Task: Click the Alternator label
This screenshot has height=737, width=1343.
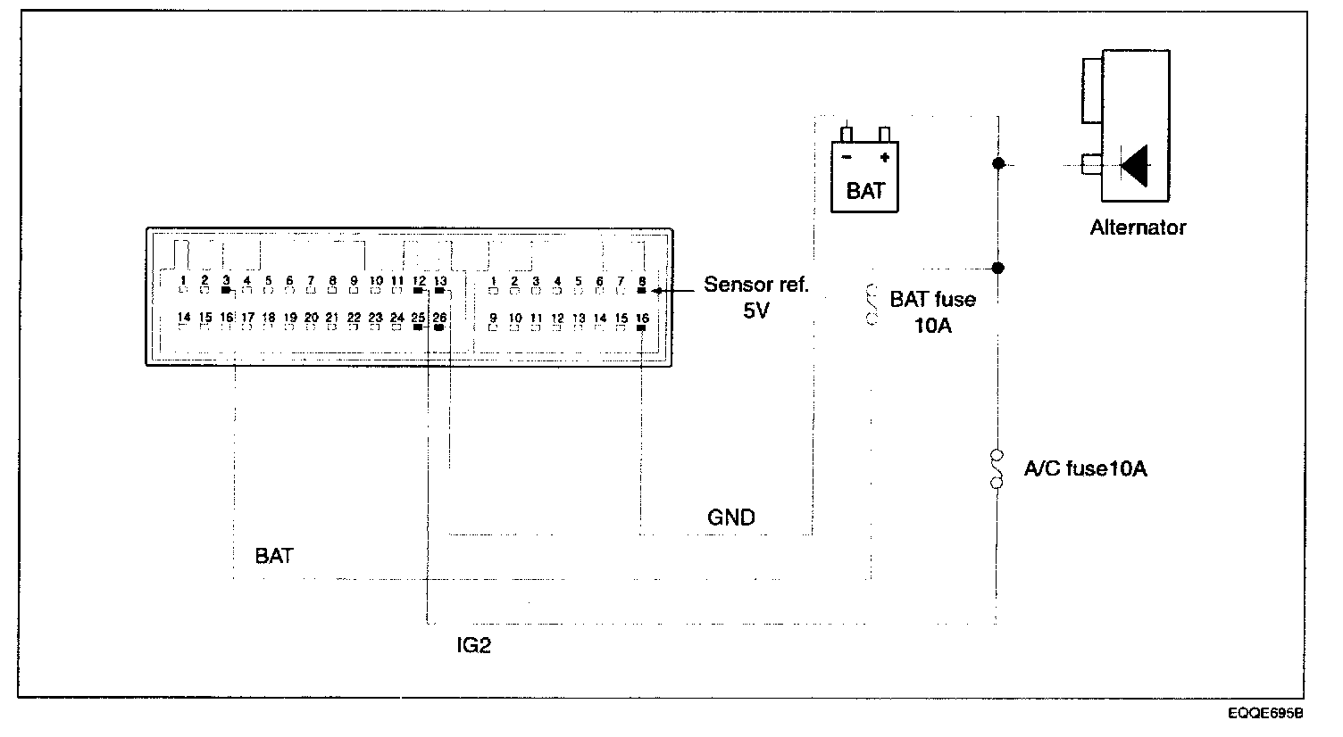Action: (1138, 228)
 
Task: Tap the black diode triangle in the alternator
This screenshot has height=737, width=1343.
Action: (1135, 164)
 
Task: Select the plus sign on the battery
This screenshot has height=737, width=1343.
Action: (884, 158)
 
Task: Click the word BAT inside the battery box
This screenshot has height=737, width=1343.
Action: (864, 191)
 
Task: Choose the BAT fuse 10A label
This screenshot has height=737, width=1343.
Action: (932, 311)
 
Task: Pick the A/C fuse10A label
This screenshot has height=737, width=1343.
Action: (1085, 468)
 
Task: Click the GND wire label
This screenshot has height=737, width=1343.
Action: (730, 518)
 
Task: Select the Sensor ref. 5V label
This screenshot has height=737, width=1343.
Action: (755, 298)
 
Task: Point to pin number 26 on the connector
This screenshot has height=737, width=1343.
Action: (439, 317)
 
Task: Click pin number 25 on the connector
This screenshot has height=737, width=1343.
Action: (418, 317)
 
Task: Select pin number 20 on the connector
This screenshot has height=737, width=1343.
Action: (311, 317)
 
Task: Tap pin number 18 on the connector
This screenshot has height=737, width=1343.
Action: (269, 317)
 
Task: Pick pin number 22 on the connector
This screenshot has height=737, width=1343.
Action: (354, 317)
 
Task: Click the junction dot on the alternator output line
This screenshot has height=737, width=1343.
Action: (998, 164)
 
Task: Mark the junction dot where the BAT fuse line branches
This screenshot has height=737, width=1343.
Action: (998, 268)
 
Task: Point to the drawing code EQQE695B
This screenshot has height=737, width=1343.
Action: (1264, 714)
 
